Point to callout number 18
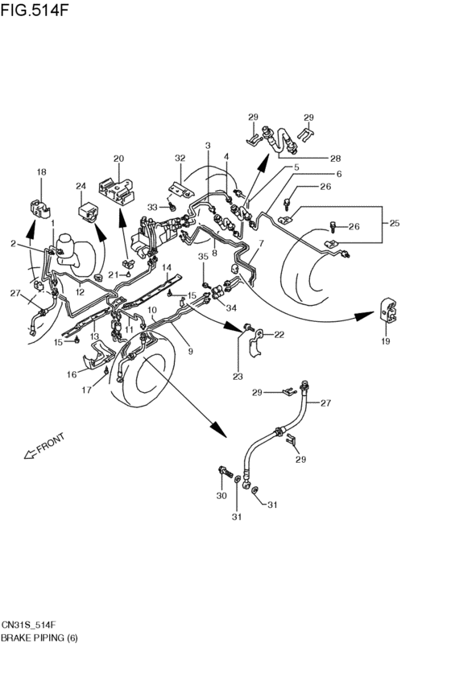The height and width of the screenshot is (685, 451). [42, 172]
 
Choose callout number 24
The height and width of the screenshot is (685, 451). [81, 188]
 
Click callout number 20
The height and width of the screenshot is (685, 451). [119, 159]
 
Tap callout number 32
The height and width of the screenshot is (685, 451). [180, 159]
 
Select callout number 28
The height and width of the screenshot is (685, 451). [334, 158]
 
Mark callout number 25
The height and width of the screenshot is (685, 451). [395, 223]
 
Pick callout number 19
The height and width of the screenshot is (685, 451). [386, 342]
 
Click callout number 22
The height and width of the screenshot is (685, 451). [279, 334]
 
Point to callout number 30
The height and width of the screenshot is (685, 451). [221, 496]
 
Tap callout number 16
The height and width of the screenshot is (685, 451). [71, 374]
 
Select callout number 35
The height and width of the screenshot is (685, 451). [204, 257]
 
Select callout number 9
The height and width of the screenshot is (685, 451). [190, 351]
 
